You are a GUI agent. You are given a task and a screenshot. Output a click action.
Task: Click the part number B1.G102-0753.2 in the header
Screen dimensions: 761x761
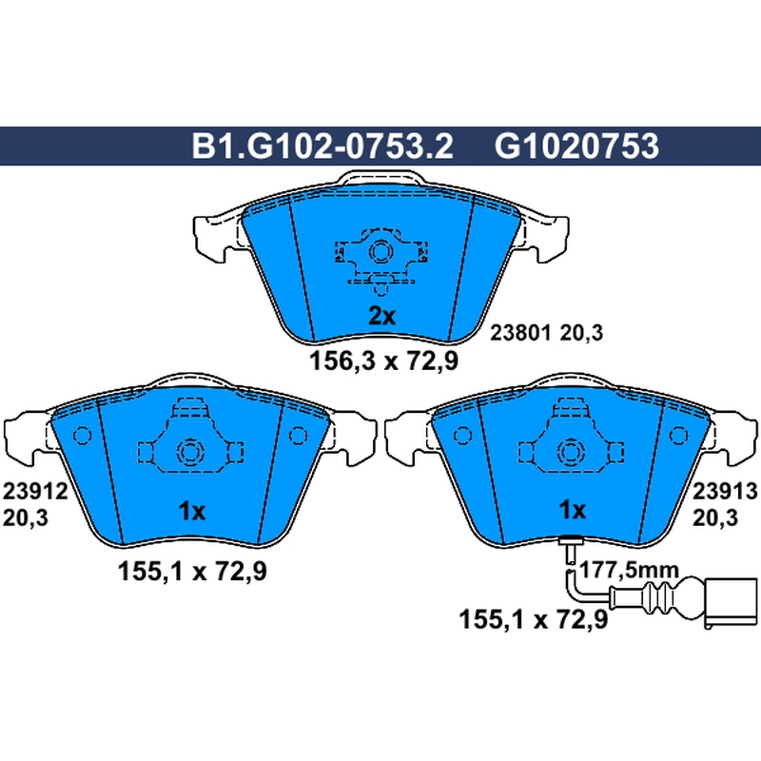(322, 146)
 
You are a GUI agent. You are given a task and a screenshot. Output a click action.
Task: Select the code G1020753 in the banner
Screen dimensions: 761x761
(576, 146)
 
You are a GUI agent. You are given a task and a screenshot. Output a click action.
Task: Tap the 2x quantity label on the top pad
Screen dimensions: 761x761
(382, 317)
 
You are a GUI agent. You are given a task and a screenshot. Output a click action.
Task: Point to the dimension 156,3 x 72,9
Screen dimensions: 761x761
(384, 361)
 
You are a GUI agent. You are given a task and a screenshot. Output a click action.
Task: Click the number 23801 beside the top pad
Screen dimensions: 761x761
(520, 333)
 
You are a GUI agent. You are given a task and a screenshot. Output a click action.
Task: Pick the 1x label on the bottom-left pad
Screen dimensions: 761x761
(192, 511)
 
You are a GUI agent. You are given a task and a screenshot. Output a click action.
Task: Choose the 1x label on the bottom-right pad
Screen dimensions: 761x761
(573, 510)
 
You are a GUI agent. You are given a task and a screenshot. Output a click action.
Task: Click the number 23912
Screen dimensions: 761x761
(35, 492)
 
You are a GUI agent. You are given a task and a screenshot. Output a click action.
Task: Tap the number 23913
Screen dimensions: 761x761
(725, 492)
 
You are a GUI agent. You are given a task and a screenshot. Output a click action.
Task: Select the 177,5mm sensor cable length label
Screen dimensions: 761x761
(630, 570)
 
